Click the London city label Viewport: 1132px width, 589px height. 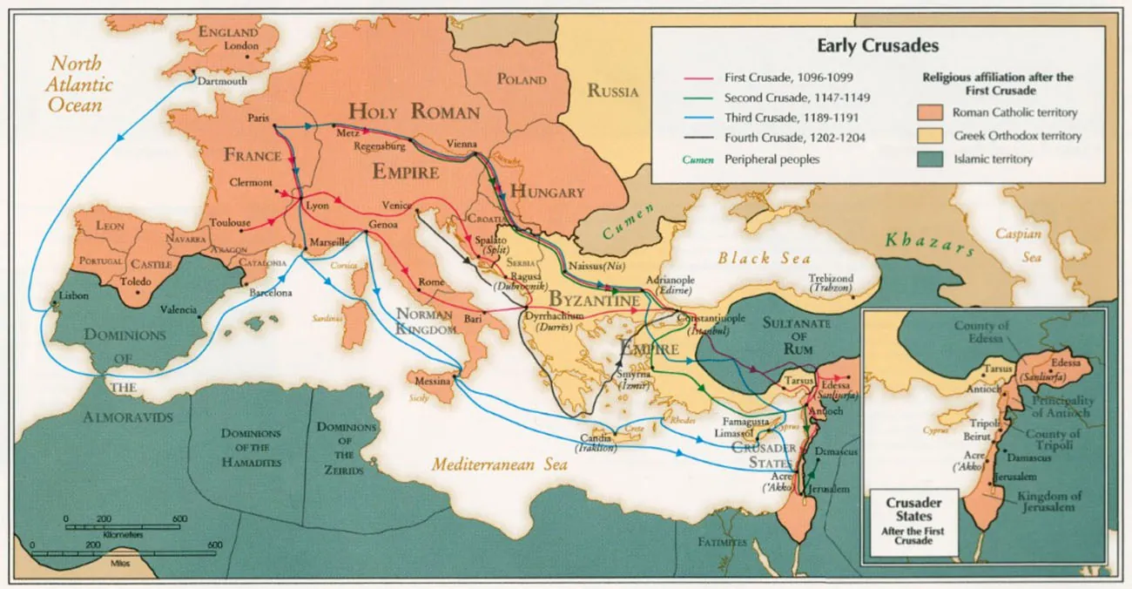241,46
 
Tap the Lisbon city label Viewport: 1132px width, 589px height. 73,295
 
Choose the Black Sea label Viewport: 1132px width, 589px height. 764,258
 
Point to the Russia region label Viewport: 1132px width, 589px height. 612,91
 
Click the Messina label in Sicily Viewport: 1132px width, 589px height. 432,382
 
